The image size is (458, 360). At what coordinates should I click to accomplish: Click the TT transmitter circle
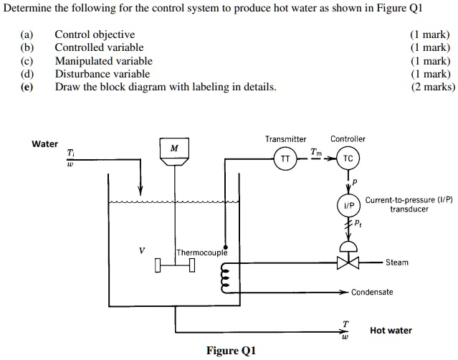[x=285, y=158]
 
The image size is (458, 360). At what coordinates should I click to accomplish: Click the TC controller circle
[x=348, y=158]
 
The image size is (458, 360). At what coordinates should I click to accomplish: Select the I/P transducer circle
[x=348, y=204]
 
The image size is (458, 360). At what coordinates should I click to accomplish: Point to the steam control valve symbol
[x=348, y=262]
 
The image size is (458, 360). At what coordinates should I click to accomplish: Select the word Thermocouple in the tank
[x=202, y=252]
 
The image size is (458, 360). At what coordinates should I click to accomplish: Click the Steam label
[x=396, y=262]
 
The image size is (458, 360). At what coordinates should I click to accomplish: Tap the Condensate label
[x=372, y=293]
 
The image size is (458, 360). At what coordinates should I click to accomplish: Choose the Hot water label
[x=391, y=331]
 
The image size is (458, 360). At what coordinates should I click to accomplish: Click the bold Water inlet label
[x=45, y=144]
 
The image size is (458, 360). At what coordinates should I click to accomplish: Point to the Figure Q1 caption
[x=231, y=351]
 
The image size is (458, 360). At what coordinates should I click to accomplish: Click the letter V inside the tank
[x=141, y=251]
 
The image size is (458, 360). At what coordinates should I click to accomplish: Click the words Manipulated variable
[x=103, y=61]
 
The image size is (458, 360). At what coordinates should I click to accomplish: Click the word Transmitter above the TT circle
[x=285, y=139]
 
